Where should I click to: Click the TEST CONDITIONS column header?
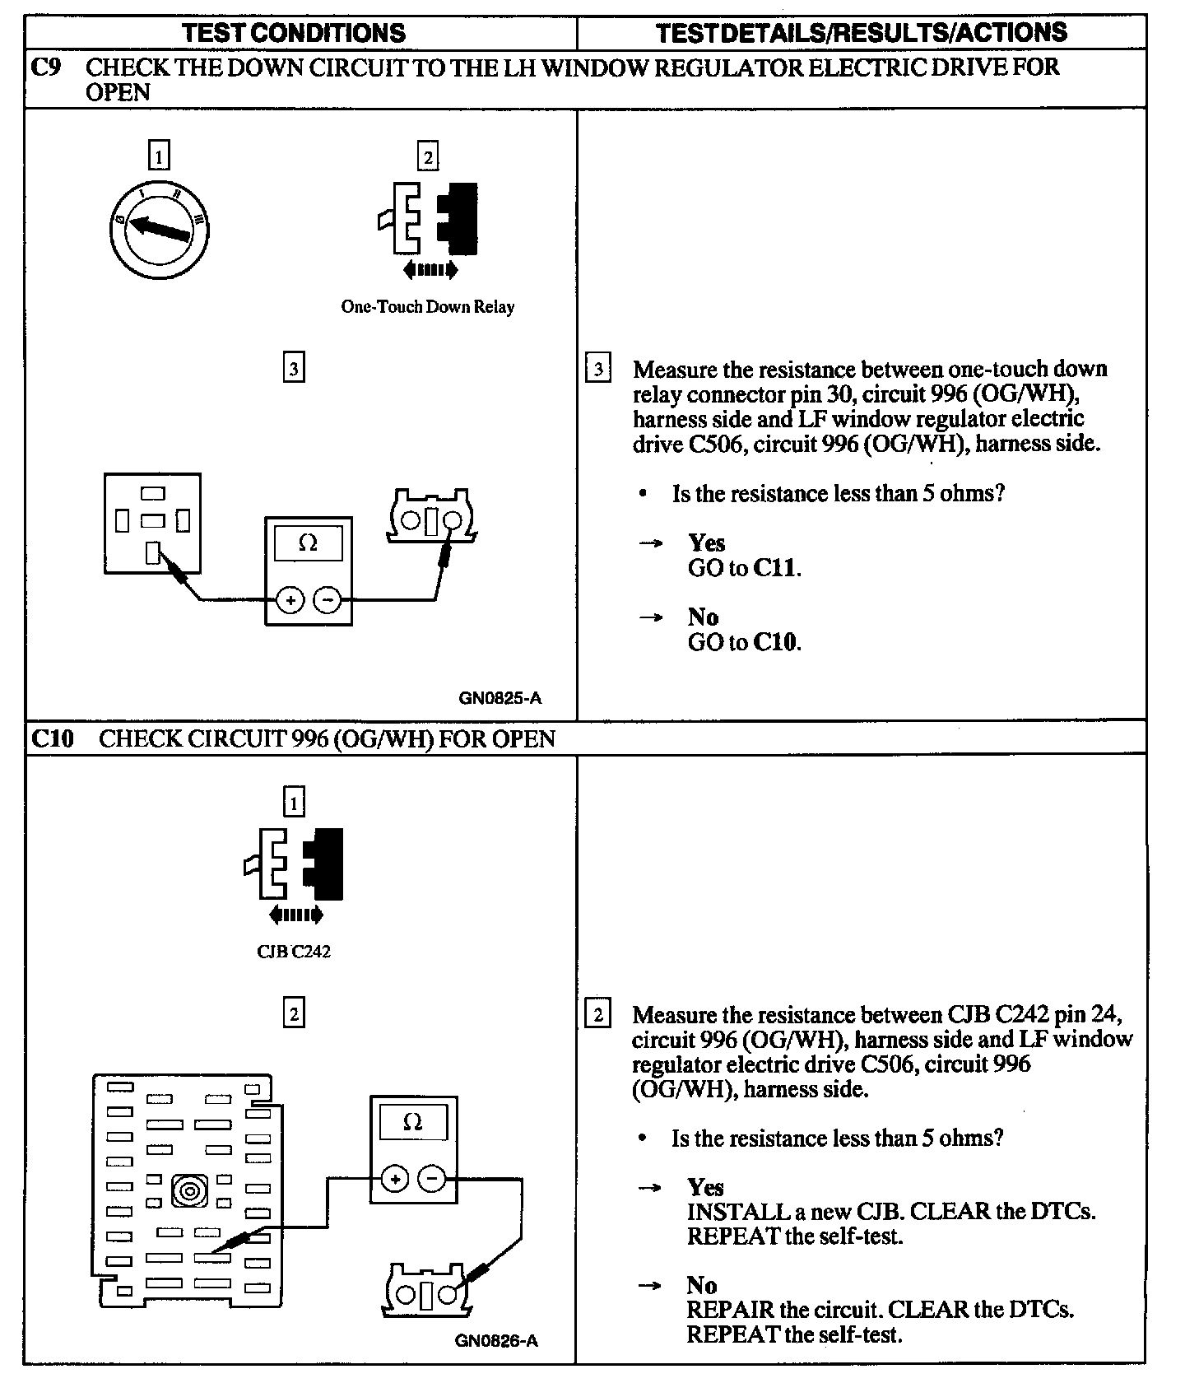294,33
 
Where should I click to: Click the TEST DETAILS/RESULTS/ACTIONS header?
861,33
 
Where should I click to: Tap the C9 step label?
45,68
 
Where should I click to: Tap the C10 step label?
52,738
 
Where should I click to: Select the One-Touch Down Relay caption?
427,307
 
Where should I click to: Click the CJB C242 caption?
294,952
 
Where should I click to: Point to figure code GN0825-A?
500,699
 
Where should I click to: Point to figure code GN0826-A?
496,1340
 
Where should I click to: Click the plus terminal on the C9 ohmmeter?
290,601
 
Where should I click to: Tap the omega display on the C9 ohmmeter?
309,543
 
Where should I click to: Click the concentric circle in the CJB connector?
189,1191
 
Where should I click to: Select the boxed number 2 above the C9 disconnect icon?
428,156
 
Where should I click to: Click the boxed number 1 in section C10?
294,802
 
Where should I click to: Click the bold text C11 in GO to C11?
776,568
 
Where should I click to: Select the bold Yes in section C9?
707,543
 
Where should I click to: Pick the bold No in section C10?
702,1285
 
